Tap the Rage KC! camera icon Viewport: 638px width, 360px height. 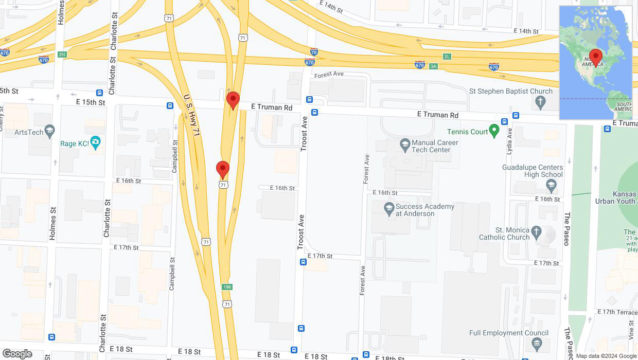95,141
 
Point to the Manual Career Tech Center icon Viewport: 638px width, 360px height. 404,145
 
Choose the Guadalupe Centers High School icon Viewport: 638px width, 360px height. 551,185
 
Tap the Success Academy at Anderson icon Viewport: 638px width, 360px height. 389,208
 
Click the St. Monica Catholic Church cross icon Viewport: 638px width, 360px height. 537,231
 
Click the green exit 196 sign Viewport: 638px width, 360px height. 226,286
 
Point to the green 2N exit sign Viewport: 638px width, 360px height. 62,55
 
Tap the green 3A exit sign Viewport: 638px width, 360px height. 433,66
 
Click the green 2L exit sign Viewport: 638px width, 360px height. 446,56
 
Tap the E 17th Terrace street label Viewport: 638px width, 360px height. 617,312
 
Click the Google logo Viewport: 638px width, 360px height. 17,354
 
